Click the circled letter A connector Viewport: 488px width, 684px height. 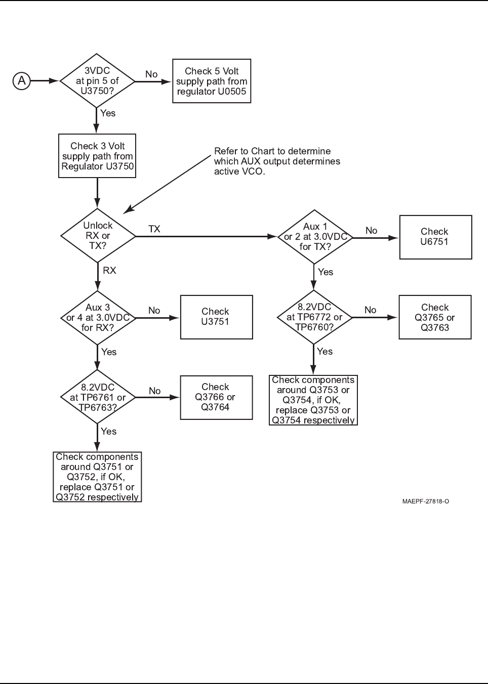click(22, 80)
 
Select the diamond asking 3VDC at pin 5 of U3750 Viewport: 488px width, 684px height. click(97, 81)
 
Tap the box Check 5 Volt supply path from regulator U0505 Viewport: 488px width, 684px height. click(212, 81)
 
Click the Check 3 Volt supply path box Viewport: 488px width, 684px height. click(97, 156)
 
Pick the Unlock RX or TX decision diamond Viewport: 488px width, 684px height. click(98, 236)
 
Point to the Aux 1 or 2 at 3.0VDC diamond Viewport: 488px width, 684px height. click(315, 237)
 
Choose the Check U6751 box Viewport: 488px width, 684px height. click(435, 237)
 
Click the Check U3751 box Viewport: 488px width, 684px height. click(216, 317)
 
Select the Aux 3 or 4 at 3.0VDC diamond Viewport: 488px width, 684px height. click(98, 317)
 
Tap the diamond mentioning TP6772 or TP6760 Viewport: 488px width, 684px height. click(314, 317)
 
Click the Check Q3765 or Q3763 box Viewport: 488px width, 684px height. click(435, 317)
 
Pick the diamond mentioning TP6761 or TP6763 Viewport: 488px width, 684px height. click(98, 397)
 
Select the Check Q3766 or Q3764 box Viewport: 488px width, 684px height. click(216, 397)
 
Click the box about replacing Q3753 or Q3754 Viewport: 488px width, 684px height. click(313, 400)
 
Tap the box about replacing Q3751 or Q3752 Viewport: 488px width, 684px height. click(97, 477)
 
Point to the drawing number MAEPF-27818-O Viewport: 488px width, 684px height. click(426, 501)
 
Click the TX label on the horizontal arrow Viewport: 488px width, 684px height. click(154, 229)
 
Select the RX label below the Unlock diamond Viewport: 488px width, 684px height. click(109, 271)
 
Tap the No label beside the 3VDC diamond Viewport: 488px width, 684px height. click(151, 74)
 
